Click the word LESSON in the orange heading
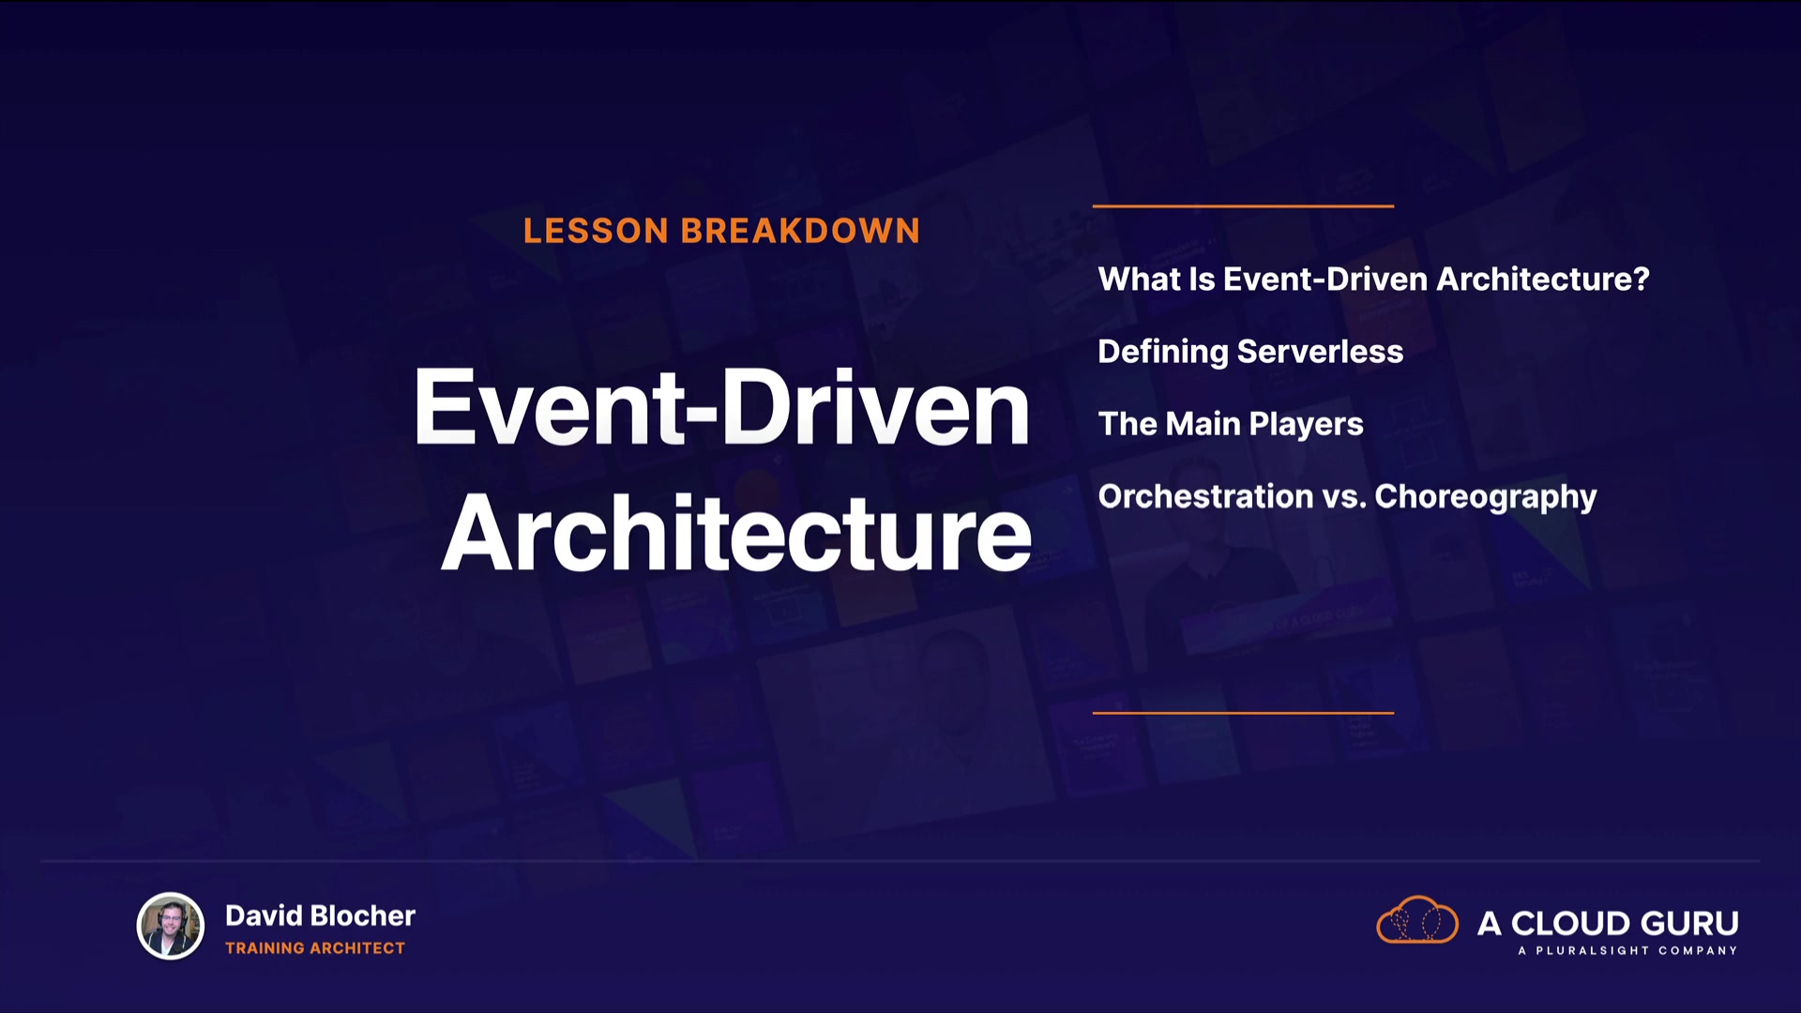click(x=596, y=231)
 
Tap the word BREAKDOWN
click(x=800, y=231)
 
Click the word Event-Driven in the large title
click(x=721, y=407)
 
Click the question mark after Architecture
click(x=1641, y=279)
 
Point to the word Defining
click(x=1163, y=352)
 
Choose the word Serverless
click(x=1321, y=352)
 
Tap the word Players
click(x=1306, y=425)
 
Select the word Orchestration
click(x=1206, y=496)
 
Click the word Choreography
click(x=1486, y=497)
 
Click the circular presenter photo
click(x=171, y=927)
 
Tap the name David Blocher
click(x=320, y=915)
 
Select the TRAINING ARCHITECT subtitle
click(x=315, y=948)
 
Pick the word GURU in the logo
click(x=1688, y=924)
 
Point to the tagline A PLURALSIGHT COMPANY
click(x=1627, y=951)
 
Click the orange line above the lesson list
click(x=1243, y=205)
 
